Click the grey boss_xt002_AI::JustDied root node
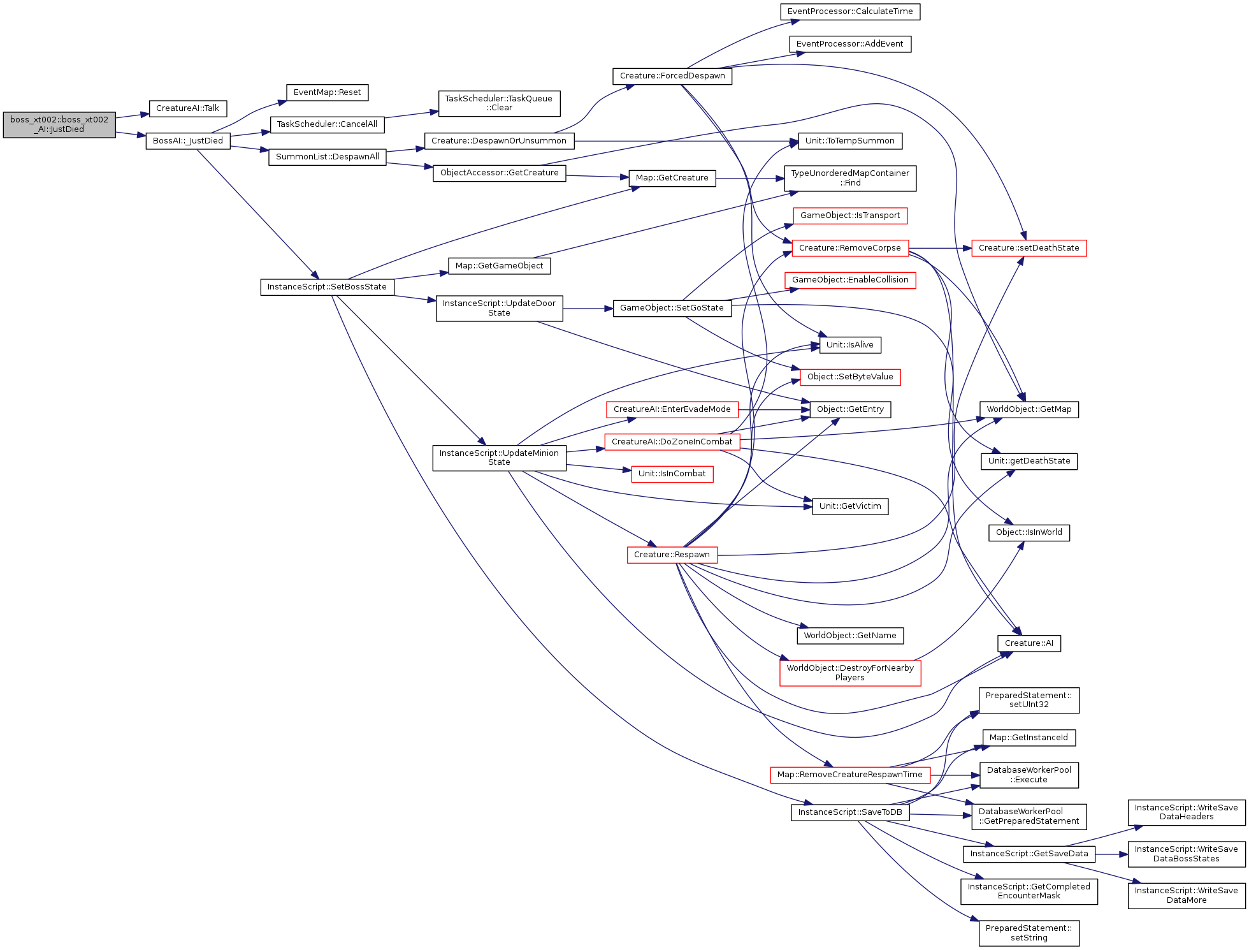tap(59, 124)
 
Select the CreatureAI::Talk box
tap(188, 108)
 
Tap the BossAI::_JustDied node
tap(188, 141)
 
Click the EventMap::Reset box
tap(328, 92)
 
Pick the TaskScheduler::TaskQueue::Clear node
tap(499, 103)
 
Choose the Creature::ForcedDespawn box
tap(672, 76)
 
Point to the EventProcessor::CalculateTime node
tap(850, 11)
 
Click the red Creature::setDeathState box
tap(1029, 248)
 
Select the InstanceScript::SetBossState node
tap(327, 287)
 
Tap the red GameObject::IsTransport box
tap(850, 216)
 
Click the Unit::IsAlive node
tap(850, 345)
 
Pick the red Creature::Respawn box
tap(672, 555)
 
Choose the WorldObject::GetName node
tap(850, 636)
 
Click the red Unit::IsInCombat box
tap(672, 474)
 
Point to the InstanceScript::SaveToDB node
tap(850, 812)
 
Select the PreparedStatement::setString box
tap(1029, 933)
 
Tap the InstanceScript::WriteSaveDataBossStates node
tap(1187, 854)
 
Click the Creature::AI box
tap(1029, 643)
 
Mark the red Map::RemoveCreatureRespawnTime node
tap(850, 775)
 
